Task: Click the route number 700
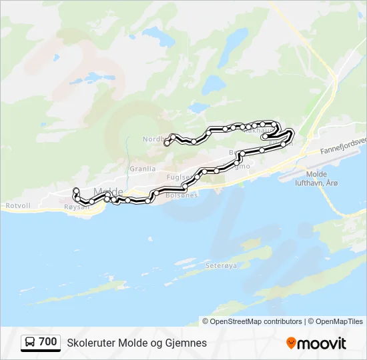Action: [x=48, y=342]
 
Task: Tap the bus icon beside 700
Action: [x=31, y=343]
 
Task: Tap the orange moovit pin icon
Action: [x=291, y=343]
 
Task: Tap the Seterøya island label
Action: [x=221, y=265]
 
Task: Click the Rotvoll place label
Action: [x=18, y=205]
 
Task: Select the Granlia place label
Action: [x=142, y=169]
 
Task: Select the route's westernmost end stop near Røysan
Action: [x=76, y=190]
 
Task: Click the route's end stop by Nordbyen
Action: [x=167, y=142]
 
